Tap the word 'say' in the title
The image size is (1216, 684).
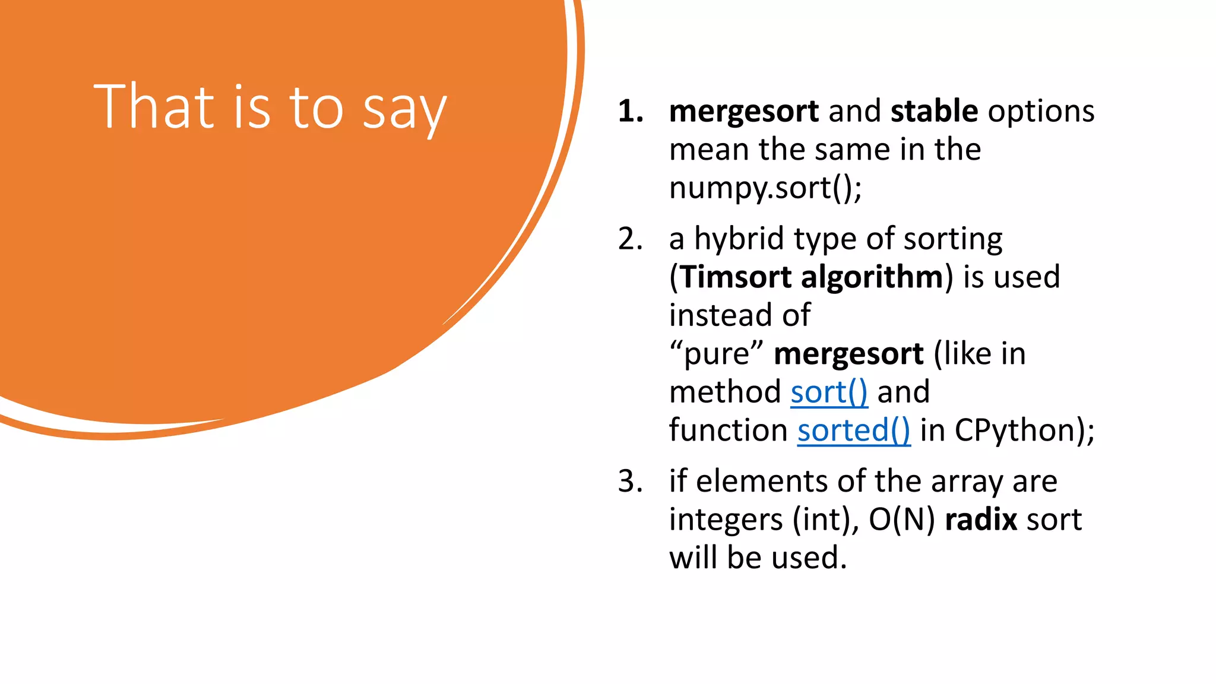tap(404, 110)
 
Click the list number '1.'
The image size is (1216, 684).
tap(630, 112)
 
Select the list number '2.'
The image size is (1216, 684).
tap(630, 239)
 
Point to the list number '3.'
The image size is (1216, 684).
tap(630, 482)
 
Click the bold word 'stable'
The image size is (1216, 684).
tap(934, 111)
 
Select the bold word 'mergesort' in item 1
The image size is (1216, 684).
tap(743, 112)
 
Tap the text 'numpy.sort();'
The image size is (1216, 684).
tap(765, 189)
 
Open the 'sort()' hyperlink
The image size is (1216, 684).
tap(829, 392)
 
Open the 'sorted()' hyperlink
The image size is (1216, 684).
tap(853, 430)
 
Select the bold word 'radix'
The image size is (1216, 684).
tap(981, 520)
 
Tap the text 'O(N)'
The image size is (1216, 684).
tap(901, 520)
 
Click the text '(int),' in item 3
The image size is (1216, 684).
tap(826, 520)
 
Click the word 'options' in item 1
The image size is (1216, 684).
tap(1041, 112)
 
